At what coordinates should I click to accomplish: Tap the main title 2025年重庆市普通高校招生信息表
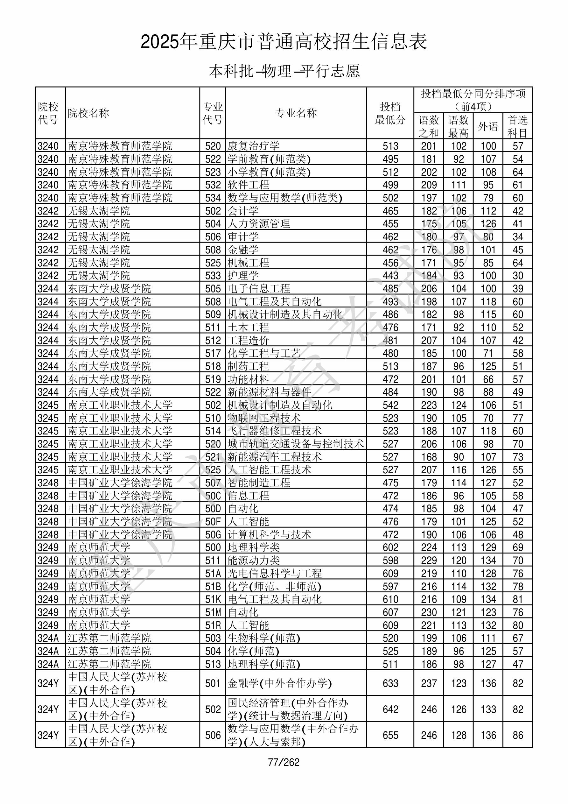284,42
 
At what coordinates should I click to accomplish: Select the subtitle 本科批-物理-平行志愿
284,71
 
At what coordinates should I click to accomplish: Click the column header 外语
488,126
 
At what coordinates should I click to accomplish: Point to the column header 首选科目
518,126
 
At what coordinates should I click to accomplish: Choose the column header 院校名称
88,113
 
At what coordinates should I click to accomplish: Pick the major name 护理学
243,275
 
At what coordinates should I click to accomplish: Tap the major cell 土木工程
248,327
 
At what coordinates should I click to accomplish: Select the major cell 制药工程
248,366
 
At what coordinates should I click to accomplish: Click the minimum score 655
390,735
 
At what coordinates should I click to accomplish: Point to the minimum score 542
390,405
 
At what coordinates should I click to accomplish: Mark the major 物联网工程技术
264,418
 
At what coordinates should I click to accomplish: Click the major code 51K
213,599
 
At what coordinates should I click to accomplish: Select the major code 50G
213,534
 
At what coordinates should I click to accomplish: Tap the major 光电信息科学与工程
275,573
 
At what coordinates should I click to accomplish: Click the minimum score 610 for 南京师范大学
390,599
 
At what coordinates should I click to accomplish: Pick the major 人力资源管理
259,223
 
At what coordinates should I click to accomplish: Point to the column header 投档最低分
390,113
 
